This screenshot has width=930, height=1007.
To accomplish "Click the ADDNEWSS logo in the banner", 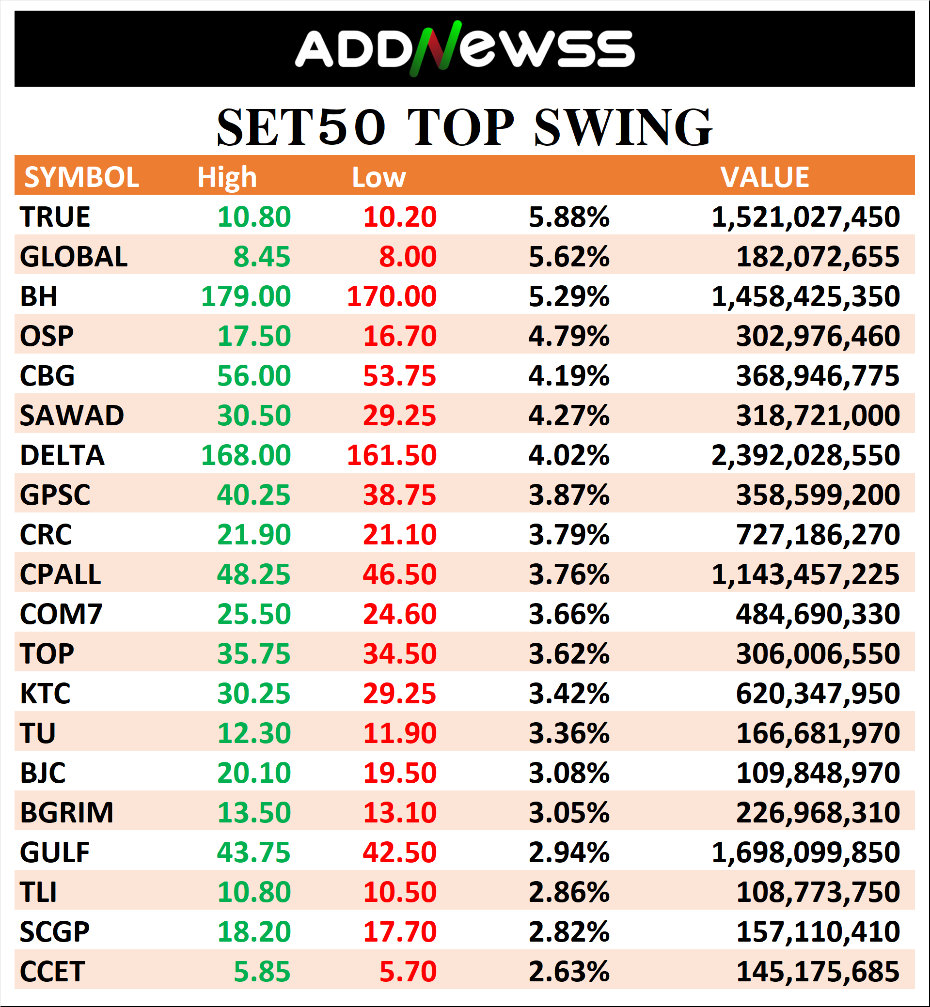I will (464, 49).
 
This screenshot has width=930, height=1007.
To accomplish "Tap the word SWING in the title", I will (623, 128).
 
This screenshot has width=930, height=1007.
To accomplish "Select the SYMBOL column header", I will (81, 177).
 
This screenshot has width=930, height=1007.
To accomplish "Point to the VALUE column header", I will (764, 177).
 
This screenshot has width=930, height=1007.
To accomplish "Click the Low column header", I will (378, 177).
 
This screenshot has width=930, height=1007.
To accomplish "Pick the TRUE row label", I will (55, 217).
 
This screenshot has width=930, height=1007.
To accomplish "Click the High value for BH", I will (246, 296).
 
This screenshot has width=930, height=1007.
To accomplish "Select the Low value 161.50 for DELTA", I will (392, 455).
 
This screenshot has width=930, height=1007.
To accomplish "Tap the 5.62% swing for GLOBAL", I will (568, 257).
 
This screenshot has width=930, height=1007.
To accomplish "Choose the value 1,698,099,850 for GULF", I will (805, 852).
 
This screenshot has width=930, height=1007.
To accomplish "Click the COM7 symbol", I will (61, 614).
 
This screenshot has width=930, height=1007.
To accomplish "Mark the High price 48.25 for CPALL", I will (253, 574).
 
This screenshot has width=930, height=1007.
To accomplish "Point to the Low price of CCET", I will (408, 971).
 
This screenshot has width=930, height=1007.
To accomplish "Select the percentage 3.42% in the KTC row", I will (568, 693).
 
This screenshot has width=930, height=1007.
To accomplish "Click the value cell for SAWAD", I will (818, 416).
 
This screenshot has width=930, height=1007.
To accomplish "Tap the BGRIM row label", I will (66, 812).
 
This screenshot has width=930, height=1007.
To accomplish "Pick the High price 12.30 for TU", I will (253, 733).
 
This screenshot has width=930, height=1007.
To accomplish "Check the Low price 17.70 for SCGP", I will (400, 931).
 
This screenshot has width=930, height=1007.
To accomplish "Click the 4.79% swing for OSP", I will (568, 336).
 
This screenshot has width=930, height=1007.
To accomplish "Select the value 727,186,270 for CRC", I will (818, 534).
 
